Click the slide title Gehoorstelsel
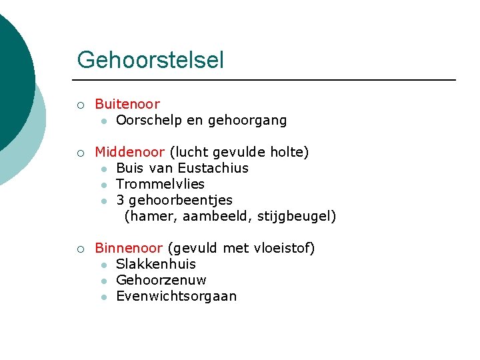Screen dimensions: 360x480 pos(150,61)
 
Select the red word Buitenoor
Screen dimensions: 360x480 pos(127,104)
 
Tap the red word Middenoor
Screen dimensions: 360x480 pos(130,152)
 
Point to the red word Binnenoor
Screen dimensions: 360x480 pos(129,248)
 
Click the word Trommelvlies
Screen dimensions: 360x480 pos(160,184)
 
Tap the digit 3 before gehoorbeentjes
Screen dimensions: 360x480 pos(120,200)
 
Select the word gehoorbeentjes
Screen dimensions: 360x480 pos(180,200)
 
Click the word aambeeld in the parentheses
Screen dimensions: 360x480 pos(204,216)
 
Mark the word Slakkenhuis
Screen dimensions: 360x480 pos(155,264)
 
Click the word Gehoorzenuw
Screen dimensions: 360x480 pos(161,280)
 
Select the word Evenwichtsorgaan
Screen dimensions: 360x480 pos(176,296)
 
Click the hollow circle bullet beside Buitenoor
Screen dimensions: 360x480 pos(80,105)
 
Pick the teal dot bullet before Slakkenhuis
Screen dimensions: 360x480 pos(104,265)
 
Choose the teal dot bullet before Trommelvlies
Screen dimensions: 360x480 pos(104,185)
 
